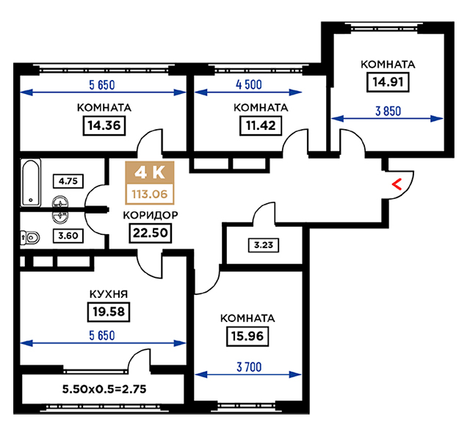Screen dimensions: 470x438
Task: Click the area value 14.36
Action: click(104, 125)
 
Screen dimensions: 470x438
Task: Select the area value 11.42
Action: click(261, 125)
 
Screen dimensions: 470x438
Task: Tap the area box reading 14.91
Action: click(388, 82)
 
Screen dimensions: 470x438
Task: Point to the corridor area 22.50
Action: click(150, 233)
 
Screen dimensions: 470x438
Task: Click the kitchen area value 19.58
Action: click(109, 312)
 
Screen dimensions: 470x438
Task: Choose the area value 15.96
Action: click(247, 337)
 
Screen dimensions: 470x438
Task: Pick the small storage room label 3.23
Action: click(264, 245)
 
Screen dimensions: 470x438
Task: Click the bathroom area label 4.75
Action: click(68, 181)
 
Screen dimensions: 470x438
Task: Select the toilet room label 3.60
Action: click(68, 236)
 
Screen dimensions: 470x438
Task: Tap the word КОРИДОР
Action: click(151, 215)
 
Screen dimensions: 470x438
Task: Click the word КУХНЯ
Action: click(109, 294)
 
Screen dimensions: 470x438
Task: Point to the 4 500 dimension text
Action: click(249, 84)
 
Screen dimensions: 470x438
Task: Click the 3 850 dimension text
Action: click(388, 112)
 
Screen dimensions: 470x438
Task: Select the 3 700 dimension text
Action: click(249, 367)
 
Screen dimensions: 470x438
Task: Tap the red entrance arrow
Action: click(397, 184)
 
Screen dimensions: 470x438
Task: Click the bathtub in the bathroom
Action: click(31, 183)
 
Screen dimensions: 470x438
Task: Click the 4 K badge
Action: click(150, 172)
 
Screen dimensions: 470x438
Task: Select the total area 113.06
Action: click(150, 194)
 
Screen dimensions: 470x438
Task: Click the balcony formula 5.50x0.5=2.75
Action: click(104, 389)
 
